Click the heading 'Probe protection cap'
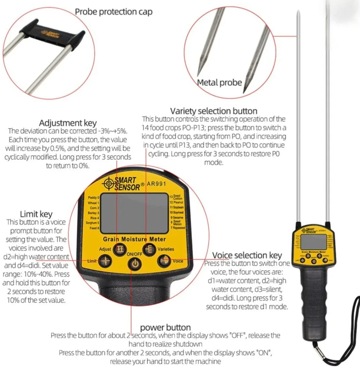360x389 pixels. pos(113,12)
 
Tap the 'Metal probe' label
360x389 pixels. pos(219,83)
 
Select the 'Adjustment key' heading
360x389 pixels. pos(68,123)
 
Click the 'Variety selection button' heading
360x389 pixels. pos(214,111)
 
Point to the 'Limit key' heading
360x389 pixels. pos(36,214)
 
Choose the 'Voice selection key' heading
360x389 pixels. pos(247,255)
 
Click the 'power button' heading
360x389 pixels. pos(165,327)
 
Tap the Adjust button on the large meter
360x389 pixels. pos(120,249)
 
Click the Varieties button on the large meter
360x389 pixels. pos(149,249)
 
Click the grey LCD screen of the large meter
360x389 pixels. pos(134,214)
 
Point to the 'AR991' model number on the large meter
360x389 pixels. pos(156,184)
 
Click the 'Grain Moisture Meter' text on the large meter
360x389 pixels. pos(134,239)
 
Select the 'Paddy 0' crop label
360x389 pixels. pos(94,198)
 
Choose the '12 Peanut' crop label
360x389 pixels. pos(176,203)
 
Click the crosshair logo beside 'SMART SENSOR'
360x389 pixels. pos(109,183)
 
